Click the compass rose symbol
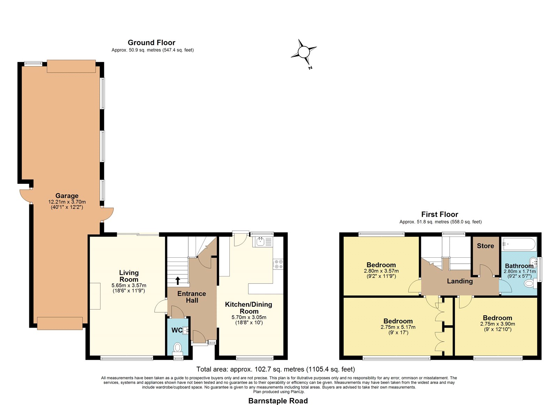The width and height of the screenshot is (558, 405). (x=304, y=53)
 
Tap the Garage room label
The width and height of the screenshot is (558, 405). (x=67, y=195)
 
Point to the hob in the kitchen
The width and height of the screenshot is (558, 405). (x=279, y=264)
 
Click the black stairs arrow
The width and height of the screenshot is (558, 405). (x=178, y=281)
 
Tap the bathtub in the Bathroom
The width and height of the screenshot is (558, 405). (x=519, y=244)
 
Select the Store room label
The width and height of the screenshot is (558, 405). (x=485, y=246)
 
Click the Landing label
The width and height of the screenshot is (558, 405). (x=460, y=281)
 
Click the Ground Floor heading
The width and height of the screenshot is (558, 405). (x=151, y=42)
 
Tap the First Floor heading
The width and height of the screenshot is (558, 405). (x=440, y=214)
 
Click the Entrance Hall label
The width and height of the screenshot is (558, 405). (x=191, y=297)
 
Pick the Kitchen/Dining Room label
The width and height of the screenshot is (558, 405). (x=249, y=308)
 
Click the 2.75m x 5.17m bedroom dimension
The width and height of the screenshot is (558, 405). (x=398, y=327)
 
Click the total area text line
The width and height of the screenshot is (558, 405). (x=276, y=369)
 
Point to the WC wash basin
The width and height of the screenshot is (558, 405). (x=185, y=330)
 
